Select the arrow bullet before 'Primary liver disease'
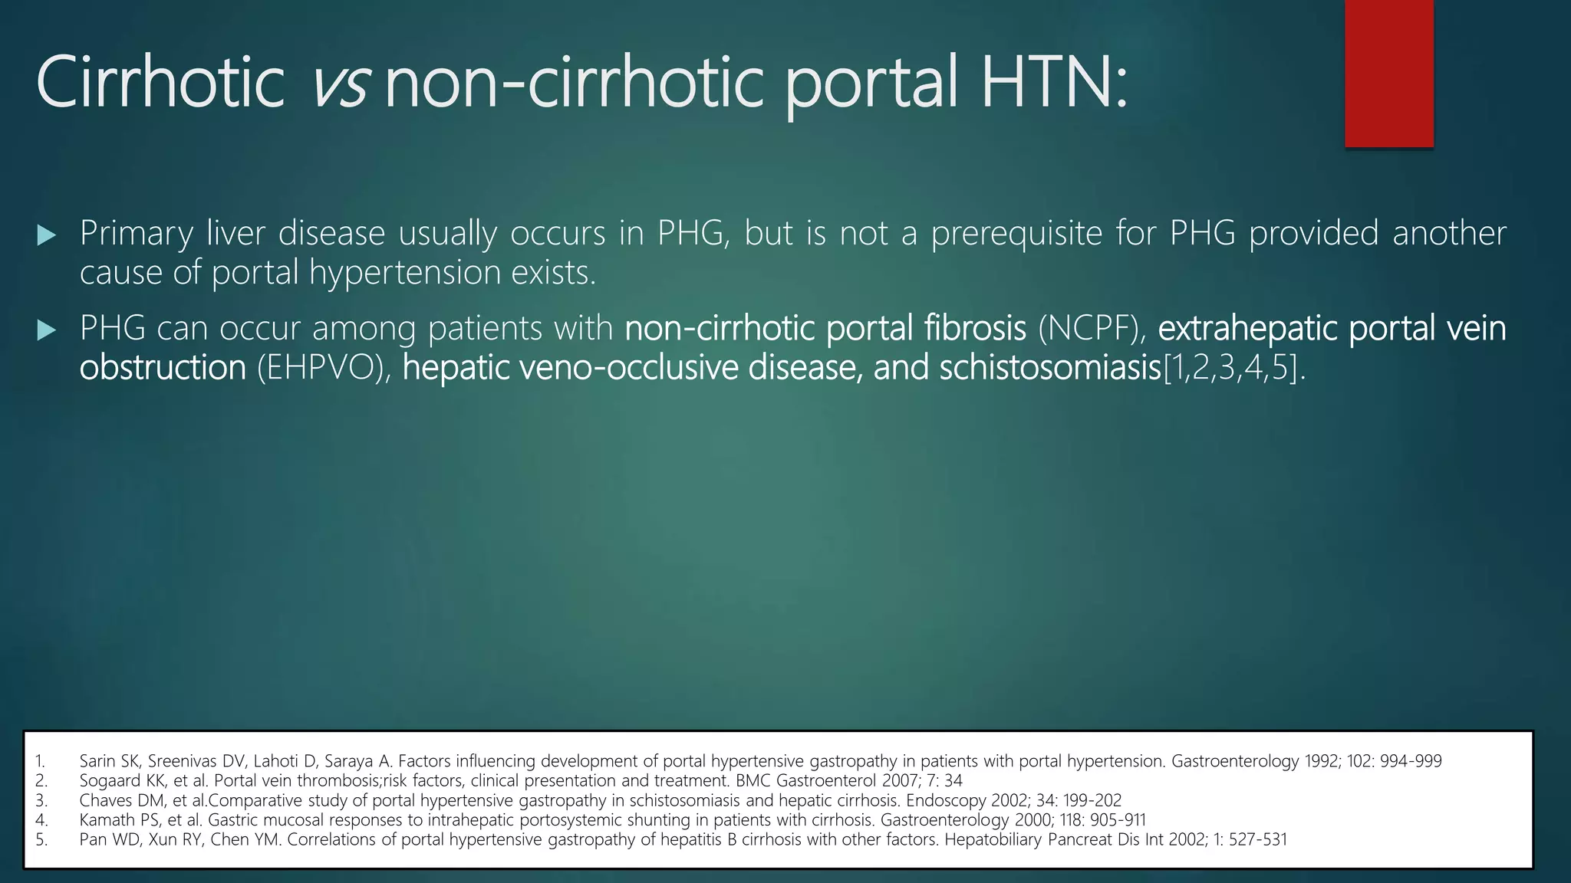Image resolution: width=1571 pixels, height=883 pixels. click(47, 235)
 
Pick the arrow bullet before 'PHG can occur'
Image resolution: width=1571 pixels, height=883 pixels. click(47, 330)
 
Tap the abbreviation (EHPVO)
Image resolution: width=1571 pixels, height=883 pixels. click(319, 368)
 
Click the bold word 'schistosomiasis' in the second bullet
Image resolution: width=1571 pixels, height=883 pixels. click(1050, 368)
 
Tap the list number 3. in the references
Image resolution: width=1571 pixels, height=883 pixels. click(41, 801)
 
